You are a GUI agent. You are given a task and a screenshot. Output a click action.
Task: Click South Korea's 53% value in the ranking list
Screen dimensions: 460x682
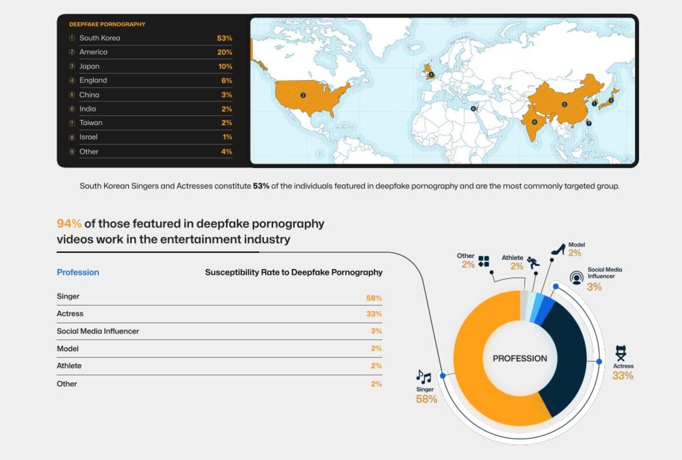point(224,38)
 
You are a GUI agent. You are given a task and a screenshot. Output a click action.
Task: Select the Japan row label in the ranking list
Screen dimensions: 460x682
point(89,66)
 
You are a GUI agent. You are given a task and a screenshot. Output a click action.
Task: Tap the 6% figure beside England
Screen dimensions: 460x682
point(226,81)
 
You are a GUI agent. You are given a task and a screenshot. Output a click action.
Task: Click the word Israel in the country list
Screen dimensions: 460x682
point(89,137)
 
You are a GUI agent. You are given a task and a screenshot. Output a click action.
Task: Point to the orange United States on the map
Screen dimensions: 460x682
point(308,97)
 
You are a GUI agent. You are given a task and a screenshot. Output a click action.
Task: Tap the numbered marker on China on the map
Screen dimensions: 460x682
point(564,104)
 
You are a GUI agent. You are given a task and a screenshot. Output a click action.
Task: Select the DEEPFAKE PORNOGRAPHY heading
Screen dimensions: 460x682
point(107,24)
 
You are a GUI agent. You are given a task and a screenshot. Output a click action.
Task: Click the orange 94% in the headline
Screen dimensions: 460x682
point(69,224)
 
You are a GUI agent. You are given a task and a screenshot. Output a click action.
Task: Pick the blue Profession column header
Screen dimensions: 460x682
point(78,272)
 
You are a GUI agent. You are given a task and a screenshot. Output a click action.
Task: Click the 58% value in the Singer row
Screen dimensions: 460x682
point(374,298)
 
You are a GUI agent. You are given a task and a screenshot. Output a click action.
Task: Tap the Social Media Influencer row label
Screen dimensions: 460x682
point(98,331)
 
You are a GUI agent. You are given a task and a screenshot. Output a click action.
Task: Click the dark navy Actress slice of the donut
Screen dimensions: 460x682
point(568,360)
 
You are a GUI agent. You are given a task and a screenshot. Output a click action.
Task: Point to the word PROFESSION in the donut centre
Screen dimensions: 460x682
point(520,359)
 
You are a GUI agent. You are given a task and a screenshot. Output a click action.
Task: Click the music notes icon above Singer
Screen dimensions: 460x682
point(423,377)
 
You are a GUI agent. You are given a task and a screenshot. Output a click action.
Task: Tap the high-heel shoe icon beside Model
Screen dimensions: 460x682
point(558,249)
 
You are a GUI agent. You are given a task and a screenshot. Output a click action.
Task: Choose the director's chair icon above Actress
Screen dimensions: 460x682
point(620,353)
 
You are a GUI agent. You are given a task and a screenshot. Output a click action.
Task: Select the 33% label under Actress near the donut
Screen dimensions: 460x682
point(622,376)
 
